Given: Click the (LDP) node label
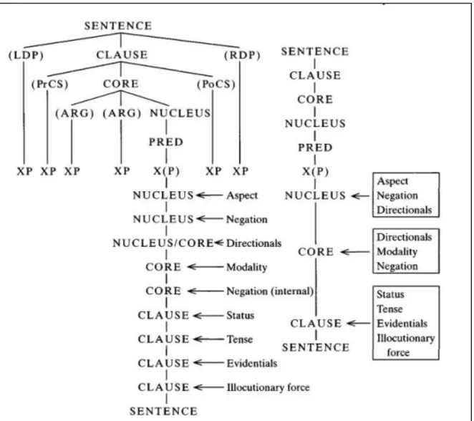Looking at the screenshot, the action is [x=26, y=55].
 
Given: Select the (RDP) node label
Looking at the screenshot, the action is [x=242, y=55].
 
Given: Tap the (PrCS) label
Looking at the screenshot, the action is [x=50, y=84].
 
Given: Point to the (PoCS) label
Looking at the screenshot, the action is [x=216, y=84].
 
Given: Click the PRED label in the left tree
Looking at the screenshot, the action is [x=166, y=142].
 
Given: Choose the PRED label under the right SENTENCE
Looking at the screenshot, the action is [x=315, y=147].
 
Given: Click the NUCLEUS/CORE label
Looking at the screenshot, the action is [x=163, y=243].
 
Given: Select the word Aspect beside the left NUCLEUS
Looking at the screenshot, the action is [x=242, y=195].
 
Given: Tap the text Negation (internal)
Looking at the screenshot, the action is [x=270, y=291].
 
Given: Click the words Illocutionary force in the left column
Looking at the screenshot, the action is [x=268, y=387].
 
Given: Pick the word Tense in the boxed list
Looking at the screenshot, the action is [x=390, y=309].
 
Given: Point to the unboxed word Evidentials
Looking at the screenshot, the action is [x=252, y=363].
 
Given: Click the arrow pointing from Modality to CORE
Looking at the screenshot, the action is [x=205, y=267].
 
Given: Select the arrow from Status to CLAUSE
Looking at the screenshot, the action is [x=208, y=316].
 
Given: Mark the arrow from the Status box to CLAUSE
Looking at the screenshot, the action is [x=359, y=324].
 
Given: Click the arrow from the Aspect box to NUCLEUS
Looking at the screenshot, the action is [x=360, y=196].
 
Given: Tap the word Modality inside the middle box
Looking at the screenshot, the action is [x=397, y=251].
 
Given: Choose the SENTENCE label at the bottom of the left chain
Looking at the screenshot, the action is [x=163, y=411].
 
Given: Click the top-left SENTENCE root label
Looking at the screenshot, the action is [x=118, y=26].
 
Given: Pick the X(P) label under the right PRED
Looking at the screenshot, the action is [x=315, y=172].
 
